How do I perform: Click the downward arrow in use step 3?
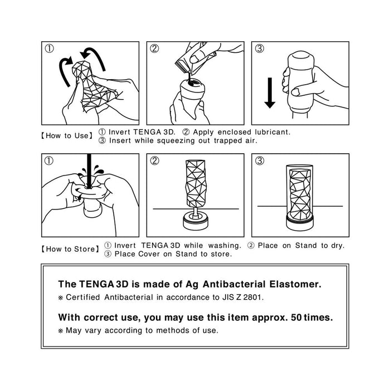click(x=270, y=92)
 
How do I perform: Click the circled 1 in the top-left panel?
click(x=50, y=48)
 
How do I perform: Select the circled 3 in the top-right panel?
click(x=259, y=48)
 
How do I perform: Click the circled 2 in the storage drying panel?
click(x=154, y=161)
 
